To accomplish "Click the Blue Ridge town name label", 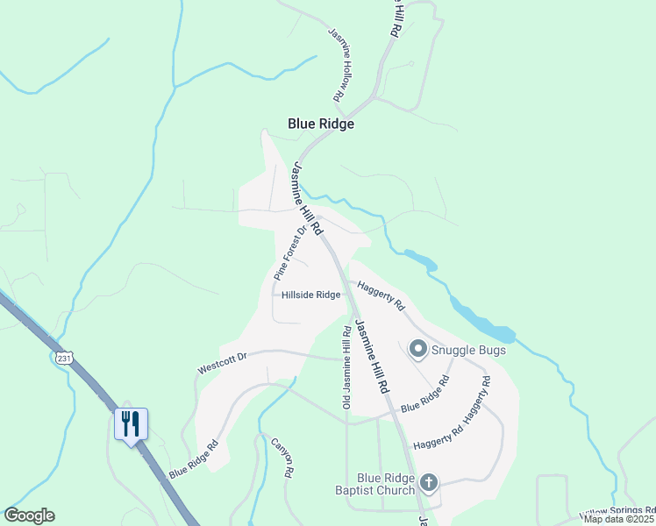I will (x=321, y=124).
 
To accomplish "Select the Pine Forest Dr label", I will (x=292, y=252).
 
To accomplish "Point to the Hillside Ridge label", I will (x=311, y=295).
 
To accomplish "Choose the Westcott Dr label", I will (x=223, y=362).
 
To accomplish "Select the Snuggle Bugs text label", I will (x=469, y=351).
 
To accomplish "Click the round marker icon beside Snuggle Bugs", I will (x=417, y=350).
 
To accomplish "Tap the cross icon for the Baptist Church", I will (x=428, y=481).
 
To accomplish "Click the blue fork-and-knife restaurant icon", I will (x=131, y=424).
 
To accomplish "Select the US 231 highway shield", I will (x=62, y=359).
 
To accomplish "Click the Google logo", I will (x=29, y=515).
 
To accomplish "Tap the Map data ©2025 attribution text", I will (x=619, y=519).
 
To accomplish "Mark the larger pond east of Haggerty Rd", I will (x=485, y=323).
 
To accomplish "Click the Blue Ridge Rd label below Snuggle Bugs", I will (x=425, y=394).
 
